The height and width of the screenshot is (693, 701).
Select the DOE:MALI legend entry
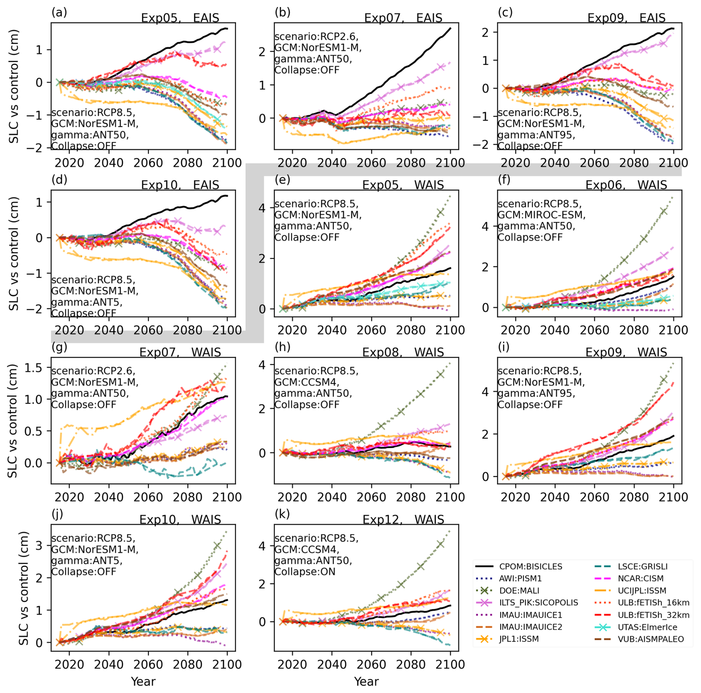[x=519, y=591]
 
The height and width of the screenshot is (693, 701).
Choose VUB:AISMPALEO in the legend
[x=651, y=639]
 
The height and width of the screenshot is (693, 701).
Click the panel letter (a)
[x=59, y=13]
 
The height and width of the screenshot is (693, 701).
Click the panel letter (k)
[x=282, y=514]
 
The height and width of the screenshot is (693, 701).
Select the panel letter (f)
[x=505, y=180]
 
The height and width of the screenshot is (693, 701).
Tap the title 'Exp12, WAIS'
[x=403, y=520]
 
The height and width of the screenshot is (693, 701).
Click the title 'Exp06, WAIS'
[x=626, y=185]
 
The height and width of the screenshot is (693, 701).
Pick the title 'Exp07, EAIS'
[x=403, y=18]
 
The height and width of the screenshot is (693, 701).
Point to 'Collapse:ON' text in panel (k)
[x=305, y=571]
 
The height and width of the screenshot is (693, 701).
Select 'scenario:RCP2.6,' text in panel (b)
[x=316, y=37]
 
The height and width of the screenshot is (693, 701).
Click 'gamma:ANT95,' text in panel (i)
[x=536, y=393]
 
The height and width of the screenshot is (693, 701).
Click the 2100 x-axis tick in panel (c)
[x=673, y=163]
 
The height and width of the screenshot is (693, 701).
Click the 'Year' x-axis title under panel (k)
[x=366, y=681]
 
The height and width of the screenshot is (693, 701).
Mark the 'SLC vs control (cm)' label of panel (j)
[x=23, y=588]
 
